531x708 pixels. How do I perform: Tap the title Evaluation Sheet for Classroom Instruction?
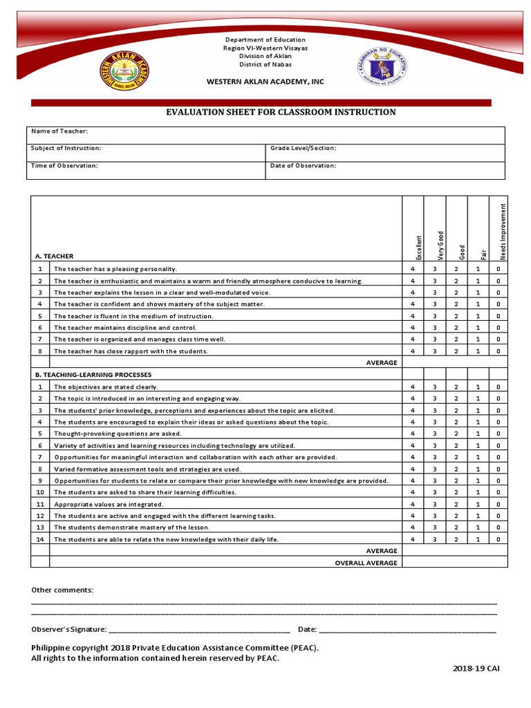point(279,112)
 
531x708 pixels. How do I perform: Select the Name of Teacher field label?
point(59,131)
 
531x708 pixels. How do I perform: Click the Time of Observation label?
point(64,166)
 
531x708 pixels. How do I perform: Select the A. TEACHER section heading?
point(54,256)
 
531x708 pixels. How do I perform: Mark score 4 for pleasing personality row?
point(413,269)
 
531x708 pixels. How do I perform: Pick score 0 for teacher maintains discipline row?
point(499,328)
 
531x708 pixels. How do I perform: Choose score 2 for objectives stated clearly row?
point(456,387)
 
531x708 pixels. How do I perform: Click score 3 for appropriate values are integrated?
point(435,505)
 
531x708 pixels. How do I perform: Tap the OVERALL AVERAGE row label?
point(366,563)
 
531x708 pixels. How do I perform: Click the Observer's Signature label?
point(69,629)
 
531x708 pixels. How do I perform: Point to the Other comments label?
point(62,590)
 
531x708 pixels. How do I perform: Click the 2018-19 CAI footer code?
point(476,669)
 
